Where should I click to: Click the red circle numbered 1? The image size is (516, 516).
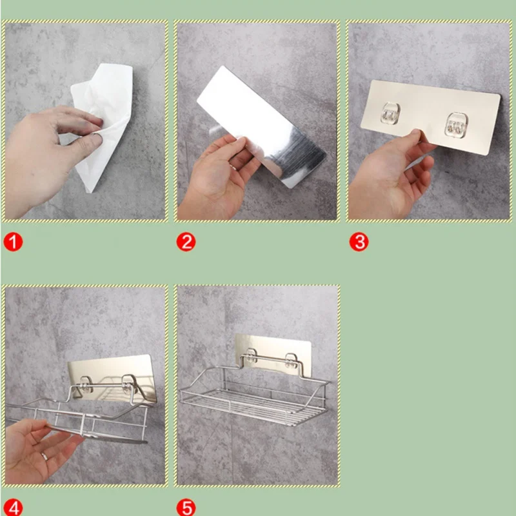point(13,243)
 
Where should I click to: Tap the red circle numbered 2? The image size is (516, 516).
point(186,243)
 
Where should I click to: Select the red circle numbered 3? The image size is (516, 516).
point(359,243)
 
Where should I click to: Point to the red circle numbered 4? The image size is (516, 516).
point(13,507)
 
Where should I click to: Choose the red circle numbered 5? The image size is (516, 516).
point(186,507)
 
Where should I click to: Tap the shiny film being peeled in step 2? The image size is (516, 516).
point(262,126)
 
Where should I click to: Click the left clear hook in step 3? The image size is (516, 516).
point(390,114)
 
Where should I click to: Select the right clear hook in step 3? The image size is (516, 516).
point(456,125)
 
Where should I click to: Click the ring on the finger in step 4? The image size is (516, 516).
point(45,457)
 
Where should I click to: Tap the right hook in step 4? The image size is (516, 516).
point(130,384)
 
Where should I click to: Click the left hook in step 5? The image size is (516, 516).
point(252,356)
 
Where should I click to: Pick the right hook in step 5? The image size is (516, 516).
point(292,361)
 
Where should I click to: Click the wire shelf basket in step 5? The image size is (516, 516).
point(253,395)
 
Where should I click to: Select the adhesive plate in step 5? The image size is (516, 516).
point(273,353)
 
